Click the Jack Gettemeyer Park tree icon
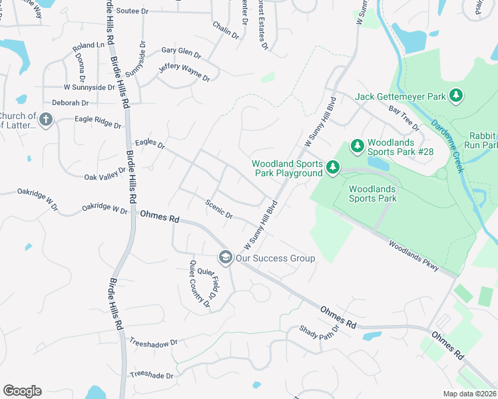click(456, 96)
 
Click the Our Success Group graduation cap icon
click(226, 257)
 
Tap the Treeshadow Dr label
click(153, 342)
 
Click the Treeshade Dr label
click(151, 376)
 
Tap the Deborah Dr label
click(71, 103)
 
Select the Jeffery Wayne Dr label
click(184, 73)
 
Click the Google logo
click(22, 391)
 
